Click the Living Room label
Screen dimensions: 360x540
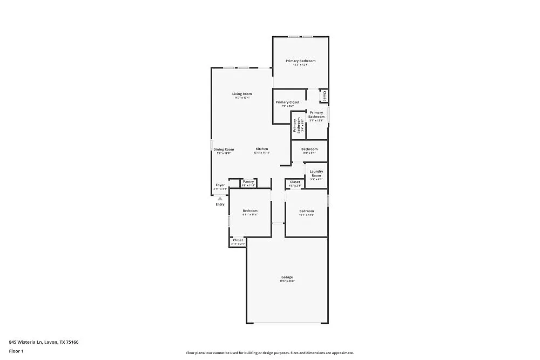point(242,94)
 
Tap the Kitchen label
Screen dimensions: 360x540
point(262,149)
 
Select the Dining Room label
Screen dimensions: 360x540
point(224,150)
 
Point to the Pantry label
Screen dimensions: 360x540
point(248,181)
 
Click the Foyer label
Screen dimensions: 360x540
point(220,185)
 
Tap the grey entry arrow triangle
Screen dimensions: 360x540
point(220,199)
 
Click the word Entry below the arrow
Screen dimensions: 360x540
point(220,205)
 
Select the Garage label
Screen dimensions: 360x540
point(287,277)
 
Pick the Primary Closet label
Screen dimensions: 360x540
point(287,102)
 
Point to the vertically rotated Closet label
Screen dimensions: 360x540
point(324,96)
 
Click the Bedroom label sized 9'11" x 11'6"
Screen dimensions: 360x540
point(250,210)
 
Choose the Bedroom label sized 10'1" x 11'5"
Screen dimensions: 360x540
point(307,210)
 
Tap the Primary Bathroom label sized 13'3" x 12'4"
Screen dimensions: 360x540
point(300,61)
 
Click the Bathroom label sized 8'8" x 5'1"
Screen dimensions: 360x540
point(309,149)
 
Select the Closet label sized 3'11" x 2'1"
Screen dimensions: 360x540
point(238,240)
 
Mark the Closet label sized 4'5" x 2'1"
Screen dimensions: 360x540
point(295,182)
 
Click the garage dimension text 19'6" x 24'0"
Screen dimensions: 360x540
point(287,281)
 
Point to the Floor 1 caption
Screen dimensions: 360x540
point(16,351)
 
